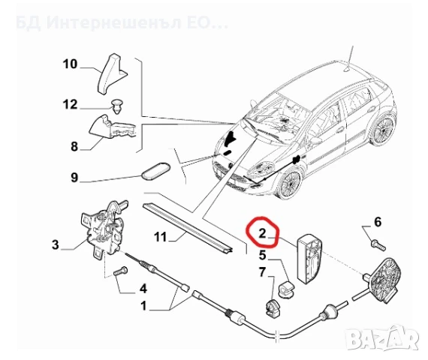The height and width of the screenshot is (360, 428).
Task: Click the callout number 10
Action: [70, 64]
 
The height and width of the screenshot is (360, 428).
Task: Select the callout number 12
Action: [70, 105]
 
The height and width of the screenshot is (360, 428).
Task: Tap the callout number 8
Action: [74, 147]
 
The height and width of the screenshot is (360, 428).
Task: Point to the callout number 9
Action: [74, 178]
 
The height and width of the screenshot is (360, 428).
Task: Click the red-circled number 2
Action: [262, 234]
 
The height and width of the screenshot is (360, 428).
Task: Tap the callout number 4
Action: [142, 287]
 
